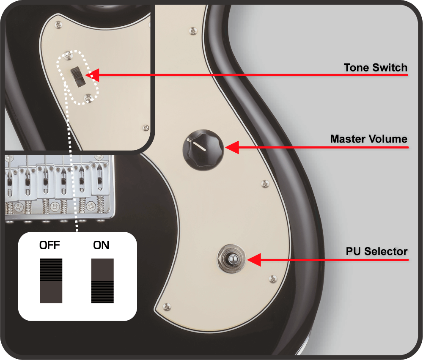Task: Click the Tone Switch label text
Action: pyautogui.click(x=376, y=67)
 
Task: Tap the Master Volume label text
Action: pyautogui.click(x=369, y=139)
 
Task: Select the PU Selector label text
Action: pyautogui.click(x=376, y=251)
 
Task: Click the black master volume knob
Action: pyautogui.click(x=203, y=150)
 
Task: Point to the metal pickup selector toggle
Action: pyautogui.click(x=232, y=259)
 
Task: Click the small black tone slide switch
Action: pyautogui.click(x=78, y=77)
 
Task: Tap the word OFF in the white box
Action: pyautogui.click(x=49, y=245)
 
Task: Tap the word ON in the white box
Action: pyautogui.click(x=101, y=245)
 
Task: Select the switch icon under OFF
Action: pyautogui.click(x=51, y=281)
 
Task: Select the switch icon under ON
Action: pyautogui.click(x=102, y=281)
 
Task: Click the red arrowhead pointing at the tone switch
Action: pyautogui.click(x=92, y=75)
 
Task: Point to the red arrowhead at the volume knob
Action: pyautogui.click(x=232, y=147)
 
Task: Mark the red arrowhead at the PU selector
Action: pyautogui.click(x=254, y=260)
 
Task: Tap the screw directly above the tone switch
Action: pyautogui.click(x=68, y=55)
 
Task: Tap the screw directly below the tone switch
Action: pyautogui.click(x=88, y=98)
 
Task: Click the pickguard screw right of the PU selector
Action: pyautogui.click(x=273, y=278)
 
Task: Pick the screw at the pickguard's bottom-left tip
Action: pyautogui.click(x=167, y=307)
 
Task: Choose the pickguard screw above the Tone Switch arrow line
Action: pyautogui.click(x=193, y=31)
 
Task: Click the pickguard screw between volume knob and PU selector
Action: pyautogui.click(x=265, y=184)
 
